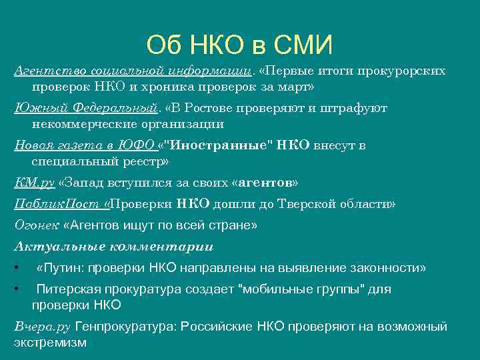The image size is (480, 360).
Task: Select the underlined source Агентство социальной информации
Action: point(133,71)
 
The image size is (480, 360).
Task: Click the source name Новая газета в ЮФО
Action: point(84,145)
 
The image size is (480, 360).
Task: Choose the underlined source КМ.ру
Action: point(34,183)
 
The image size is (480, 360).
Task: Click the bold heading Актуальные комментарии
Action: point(113,247)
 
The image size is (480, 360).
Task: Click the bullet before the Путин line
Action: point(16,268)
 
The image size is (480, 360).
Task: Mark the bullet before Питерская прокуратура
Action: point(16,289)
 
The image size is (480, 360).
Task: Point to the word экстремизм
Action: point(50,343)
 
